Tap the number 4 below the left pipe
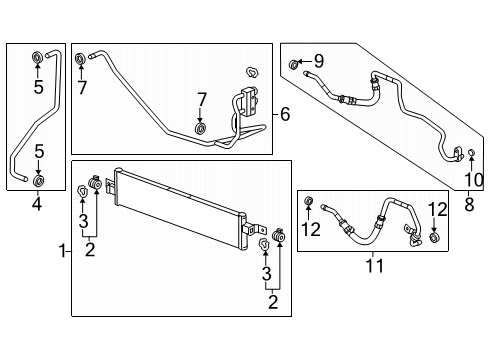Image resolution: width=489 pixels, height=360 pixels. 37,208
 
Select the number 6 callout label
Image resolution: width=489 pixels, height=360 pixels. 285,115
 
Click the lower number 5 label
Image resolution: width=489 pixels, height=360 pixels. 37,152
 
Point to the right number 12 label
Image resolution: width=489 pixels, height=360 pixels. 436,210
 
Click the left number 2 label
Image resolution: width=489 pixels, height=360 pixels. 90,249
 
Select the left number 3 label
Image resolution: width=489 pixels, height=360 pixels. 83,220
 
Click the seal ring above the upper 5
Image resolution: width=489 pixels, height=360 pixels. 37,54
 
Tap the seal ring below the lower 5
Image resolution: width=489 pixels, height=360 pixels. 37,180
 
